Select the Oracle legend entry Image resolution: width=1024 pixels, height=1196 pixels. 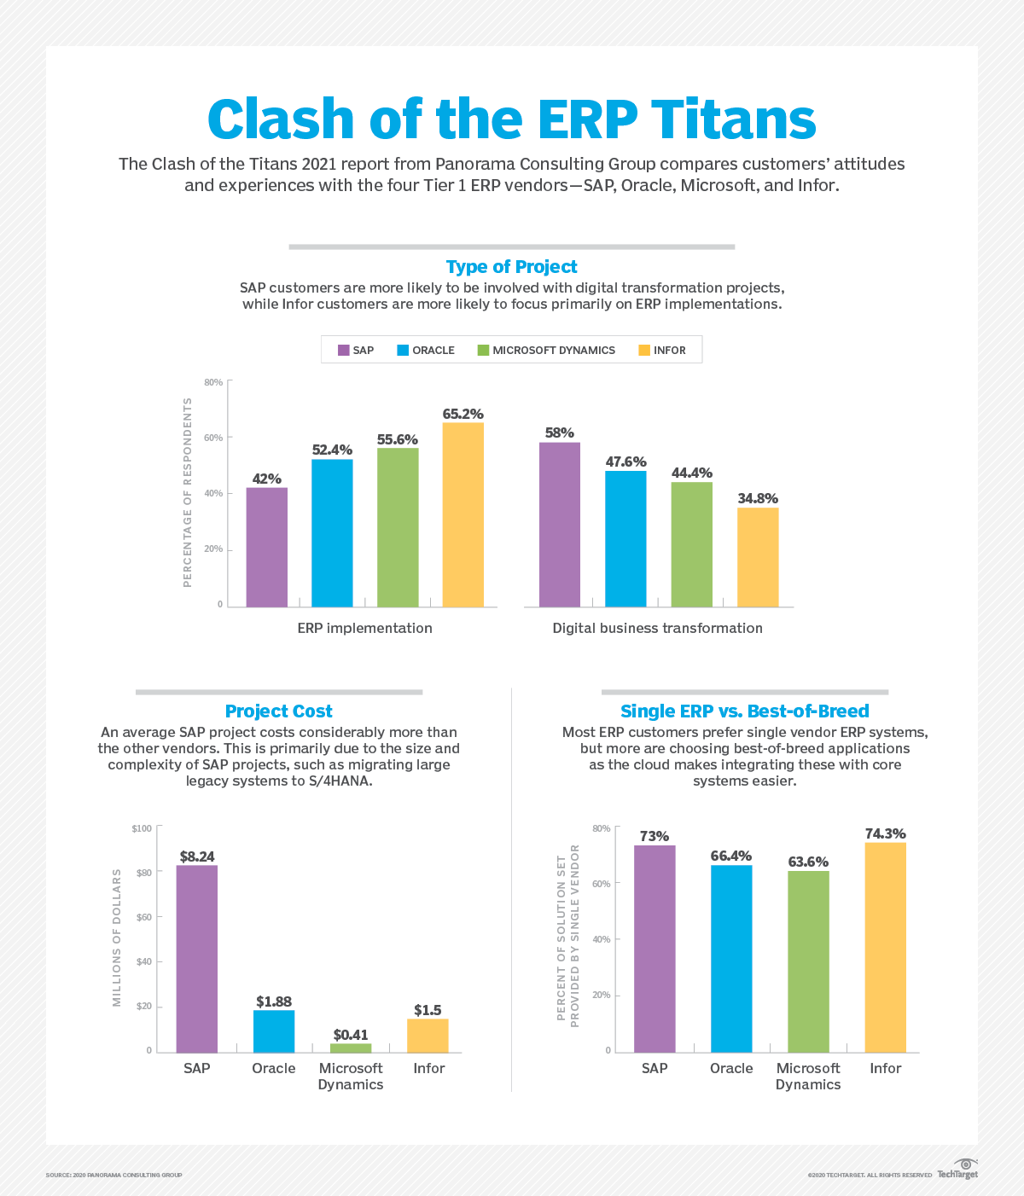pos(426,350)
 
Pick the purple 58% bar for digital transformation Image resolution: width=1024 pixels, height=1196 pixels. pos(559,525)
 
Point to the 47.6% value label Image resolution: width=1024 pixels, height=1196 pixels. pos(625,462)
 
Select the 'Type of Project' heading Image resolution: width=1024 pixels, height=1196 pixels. pos(512,267)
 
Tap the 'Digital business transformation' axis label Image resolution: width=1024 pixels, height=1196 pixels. pos(657,628)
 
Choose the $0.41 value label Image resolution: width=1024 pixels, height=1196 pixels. pos(351,1035)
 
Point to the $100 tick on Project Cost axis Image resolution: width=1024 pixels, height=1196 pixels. pos(142,828)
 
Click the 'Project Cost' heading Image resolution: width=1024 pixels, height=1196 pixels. pos(278,711)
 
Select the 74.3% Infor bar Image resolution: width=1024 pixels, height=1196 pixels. pos(885,947)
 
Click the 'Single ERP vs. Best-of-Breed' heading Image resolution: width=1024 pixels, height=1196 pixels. pos(744,711)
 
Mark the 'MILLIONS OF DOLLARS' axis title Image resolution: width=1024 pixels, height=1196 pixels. pos(117,938)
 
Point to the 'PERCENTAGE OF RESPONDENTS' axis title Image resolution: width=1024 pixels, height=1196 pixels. pos(188,492)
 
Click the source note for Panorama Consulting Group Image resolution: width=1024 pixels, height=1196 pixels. pos(113,1176)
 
